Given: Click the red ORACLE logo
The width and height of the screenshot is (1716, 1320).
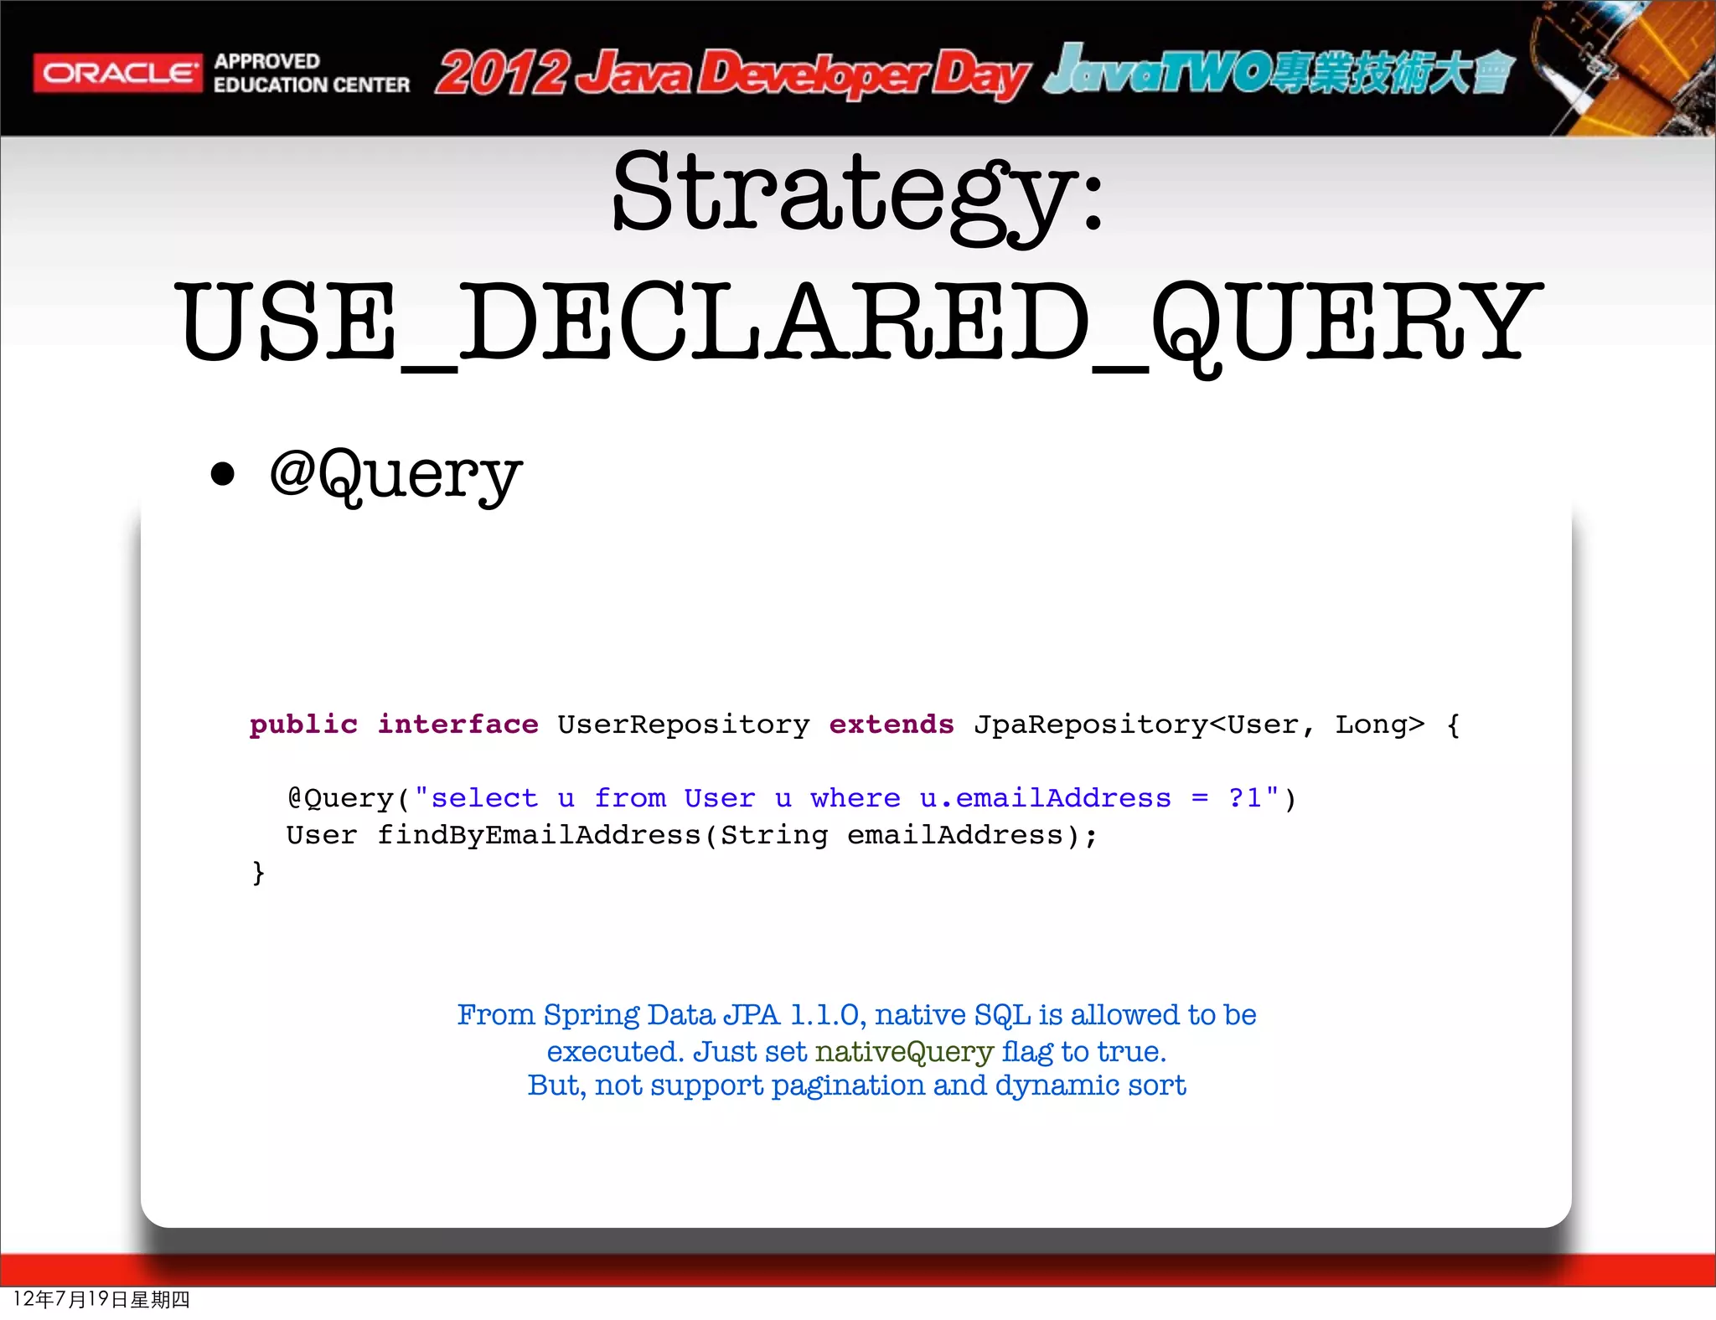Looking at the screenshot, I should coord(117,74).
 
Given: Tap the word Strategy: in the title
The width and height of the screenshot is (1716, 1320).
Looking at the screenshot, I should coord(857,194).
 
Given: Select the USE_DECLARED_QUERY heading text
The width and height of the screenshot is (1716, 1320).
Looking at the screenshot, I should coord(858,322).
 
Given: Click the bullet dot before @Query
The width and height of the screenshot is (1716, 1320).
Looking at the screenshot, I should coord(223,474).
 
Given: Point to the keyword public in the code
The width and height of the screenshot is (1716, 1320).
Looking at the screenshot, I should coord(303,724).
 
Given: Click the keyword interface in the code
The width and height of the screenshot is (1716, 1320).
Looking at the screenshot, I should coord(457,724).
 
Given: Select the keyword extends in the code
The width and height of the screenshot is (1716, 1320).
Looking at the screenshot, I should coord(891,724).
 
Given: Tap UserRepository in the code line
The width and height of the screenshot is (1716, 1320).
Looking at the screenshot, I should coord(683,724).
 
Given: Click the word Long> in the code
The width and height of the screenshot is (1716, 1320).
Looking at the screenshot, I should coord(1379,724).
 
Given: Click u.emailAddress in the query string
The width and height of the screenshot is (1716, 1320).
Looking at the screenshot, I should coord(1045,798).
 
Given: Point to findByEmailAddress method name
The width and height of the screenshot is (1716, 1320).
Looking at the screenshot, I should coord(539,835).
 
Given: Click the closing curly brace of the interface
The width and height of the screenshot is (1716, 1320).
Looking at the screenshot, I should coord(258,873).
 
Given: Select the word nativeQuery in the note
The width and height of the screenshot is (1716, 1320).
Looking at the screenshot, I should coord(904,1051).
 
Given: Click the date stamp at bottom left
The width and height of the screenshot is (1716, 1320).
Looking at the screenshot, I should coord(101,1299).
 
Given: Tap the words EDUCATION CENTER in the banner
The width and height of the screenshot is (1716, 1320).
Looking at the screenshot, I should coord(312,85).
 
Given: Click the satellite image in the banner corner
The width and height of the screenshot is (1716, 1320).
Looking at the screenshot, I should coord(1621,67).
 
